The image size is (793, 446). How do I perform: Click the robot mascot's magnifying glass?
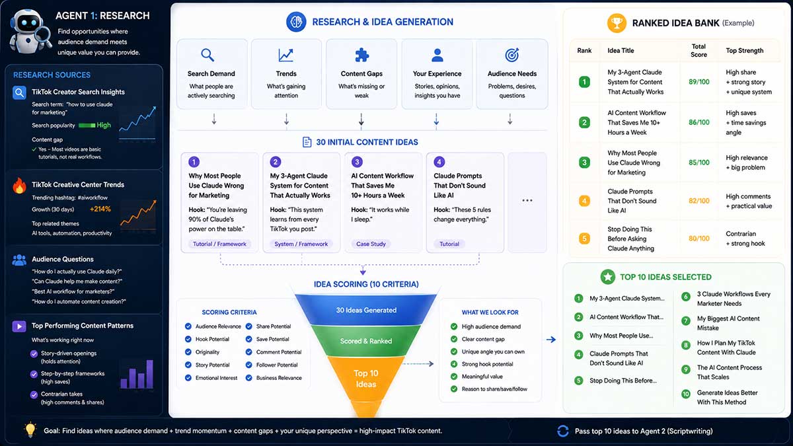point(43,36)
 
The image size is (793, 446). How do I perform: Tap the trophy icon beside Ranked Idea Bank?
point(617,23)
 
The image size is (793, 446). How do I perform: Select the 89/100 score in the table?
point(699,82)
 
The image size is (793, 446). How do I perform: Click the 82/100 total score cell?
point(699,201)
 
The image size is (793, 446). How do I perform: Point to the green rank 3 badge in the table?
point(584,163)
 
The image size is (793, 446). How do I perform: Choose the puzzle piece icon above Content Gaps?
point(362,55)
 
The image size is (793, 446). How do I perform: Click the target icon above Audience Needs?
point(512,55)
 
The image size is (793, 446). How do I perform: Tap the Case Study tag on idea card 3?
point(371,244)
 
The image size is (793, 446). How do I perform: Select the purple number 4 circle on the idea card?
point(439,162)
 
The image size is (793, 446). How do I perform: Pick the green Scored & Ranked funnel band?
point(365,341)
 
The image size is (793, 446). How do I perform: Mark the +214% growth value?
point(100,209)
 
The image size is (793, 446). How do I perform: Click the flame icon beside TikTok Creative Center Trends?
point(19,185)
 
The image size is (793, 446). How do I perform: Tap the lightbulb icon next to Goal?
point(30,429)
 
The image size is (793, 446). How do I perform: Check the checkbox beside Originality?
point(188,352)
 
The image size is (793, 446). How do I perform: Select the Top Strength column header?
point(745,51)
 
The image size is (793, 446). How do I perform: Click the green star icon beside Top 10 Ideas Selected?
point(608,277)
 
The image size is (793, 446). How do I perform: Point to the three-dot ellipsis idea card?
point(527,202)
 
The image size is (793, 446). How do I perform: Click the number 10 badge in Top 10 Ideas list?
point(686,394)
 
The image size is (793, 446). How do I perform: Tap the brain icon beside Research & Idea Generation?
point(296,22)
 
